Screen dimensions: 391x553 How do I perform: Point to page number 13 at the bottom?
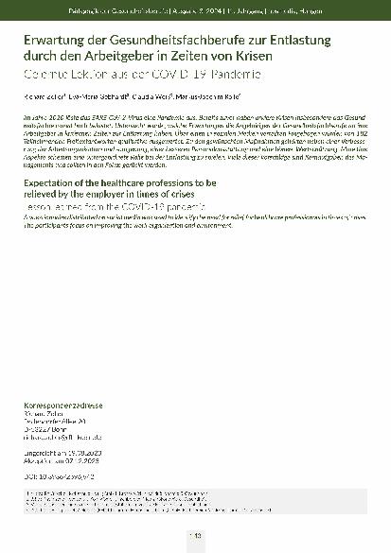(196, 537)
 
